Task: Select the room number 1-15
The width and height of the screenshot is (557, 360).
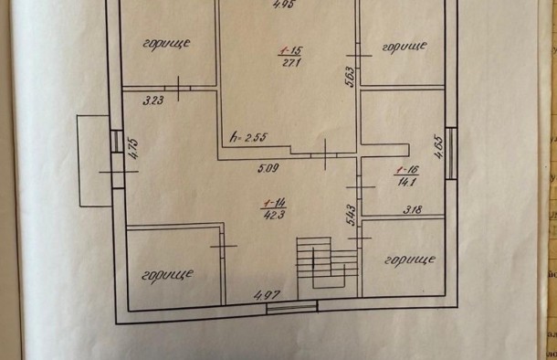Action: coord(289,49)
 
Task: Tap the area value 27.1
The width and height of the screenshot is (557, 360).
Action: coord(289,62)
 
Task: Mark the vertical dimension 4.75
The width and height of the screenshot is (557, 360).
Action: coord(132,149)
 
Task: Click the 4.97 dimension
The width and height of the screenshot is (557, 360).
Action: coord(265,293)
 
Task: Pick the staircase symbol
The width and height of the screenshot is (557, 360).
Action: coord(321,262)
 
